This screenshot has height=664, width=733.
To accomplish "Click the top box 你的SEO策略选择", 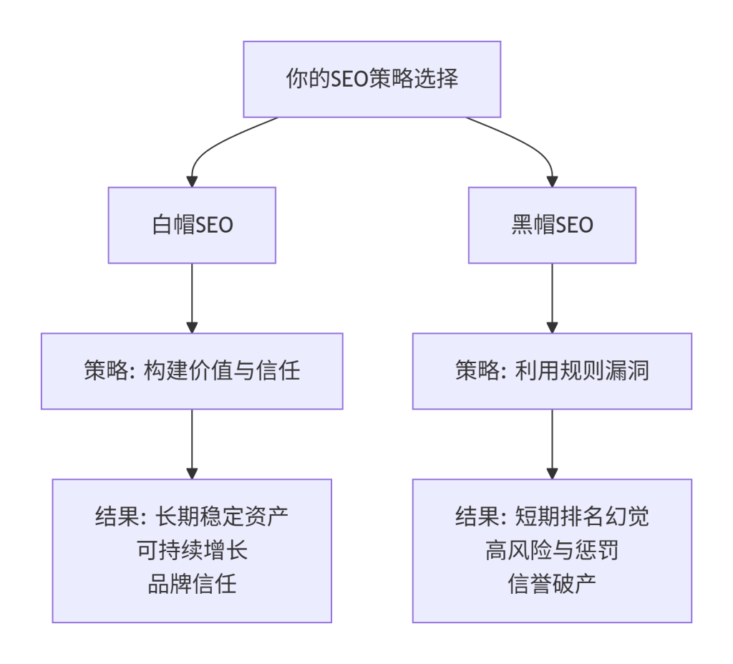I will (x=372, y=79).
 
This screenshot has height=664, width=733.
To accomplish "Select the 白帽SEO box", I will (x=192, y=225).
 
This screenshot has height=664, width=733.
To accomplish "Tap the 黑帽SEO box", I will (x=552, y=225).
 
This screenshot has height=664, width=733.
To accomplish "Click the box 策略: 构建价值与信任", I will (x=192, y=371).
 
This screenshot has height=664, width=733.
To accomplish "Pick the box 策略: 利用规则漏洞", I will (x=552, y=371).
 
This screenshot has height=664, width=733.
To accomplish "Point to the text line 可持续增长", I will (x=192, y=550).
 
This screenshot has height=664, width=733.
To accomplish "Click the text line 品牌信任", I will (x=192, y=584).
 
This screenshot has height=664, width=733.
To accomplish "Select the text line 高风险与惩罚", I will (x=552, y=550).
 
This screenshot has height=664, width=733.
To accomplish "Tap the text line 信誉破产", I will (x=552, y=584).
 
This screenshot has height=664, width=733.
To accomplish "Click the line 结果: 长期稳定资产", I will (x=192, y=516).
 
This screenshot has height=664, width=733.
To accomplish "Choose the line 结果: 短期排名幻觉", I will (x=552, y=516).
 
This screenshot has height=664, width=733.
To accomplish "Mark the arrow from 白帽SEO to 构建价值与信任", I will (x=192, y=297).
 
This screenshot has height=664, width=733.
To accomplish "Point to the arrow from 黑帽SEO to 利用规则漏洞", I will (x=552, y=297).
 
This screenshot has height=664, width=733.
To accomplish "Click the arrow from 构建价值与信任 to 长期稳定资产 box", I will (x=192, y=443).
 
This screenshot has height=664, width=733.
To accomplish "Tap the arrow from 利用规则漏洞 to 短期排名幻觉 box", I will (x=552, y=443).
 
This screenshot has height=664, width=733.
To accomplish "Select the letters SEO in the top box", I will (x=348, y=79).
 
